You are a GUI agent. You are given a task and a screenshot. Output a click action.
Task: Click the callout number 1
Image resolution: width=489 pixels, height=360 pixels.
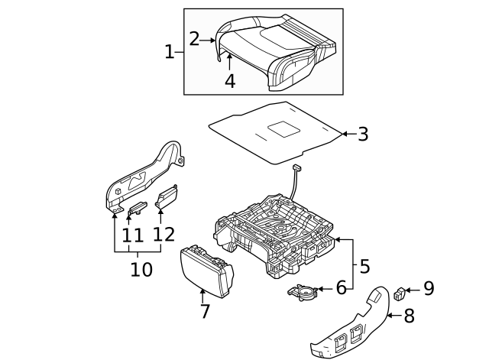pos(170,52)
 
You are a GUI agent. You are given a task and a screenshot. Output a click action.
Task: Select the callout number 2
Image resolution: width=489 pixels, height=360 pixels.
pos(195,39)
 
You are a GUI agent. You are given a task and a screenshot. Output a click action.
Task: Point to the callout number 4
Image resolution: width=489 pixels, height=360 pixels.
pos(229,79)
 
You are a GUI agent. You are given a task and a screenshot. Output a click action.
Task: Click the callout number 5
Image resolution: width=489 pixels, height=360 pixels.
pos(364,266)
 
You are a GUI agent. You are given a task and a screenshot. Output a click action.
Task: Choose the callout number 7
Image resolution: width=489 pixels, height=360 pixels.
pos(204,311)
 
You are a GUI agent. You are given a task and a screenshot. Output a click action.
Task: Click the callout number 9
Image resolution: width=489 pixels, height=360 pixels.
pos(428,289)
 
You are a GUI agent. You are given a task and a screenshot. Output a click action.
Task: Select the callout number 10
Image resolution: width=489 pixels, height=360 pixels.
pos(141,269)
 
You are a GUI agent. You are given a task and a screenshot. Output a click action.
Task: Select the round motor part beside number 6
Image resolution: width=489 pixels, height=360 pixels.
pos(304,291)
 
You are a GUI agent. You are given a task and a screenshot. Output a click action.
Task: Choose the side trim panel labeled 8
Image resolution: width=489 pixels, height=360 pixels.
pos(355,325)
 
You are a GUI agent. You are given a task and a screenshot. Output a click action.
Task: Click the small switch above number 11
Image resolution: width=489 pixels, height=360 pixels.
pos(138,206)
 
